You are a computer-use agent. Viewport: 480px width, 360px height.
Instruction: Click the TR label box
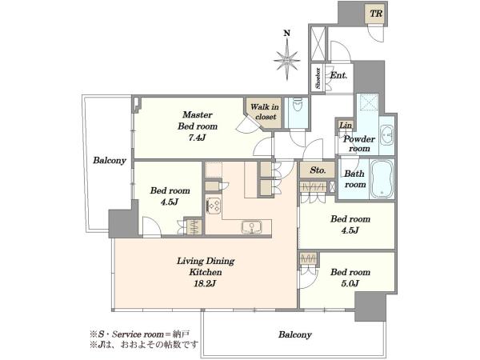point(376,14)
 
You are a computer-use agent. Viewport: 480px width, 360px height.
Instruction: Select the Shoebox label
point(318,78)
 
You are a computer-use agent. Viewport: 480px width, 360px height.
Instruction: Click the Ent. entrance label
point(338,75)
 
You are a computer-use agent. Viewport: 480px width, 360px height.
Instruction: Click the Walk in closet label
point(264,112)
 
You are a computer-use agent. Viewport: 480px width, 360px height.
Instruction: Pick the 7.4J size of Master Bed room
point(197,138)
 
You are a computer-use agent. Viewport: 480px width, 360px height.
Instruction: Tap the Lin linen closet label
point(346,126)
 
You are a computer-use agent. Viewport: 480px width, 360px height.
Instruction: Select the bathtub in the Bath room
point(382,179)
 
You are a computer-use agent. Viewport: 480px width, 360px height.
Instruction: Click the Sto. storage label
point(318,170)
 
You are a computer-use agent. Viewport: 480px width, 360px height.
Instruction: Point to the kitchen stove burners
point(214,206)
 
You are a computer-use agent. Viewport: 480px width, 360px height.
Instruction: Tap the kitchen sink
point(251,227)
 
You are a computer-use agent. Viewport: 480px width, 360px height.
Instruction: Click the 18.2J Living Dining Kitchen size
point(205,283)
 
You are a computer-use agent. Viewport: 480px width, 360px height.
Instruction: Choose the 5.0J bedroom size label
point(350,283)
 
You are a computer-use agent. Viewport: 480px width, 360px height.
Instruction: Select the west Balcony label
point(110,161)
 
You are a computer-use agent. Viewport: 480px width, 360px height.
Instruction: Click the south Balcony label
point(294,334)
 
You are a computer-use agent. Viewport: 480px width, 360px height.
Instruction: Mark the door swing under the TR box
point(376,33)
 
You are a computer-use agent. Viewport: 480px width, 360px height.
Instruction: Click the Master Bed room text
point(198,120)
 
